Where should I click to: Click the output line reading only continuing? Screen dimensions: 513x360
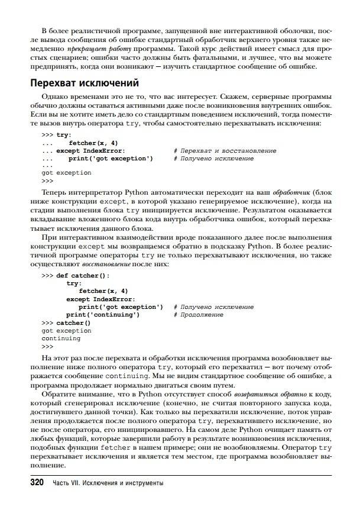tap(61, 339)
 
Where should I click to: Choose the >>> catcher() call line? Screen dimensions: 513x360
tap(66, 323)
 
